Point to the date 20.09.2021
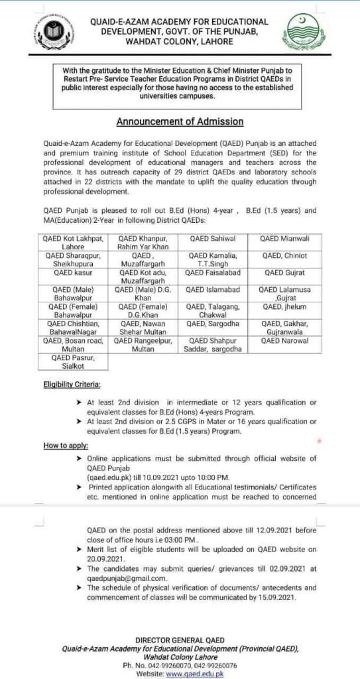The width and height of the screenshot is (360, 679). click(106, 559)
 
